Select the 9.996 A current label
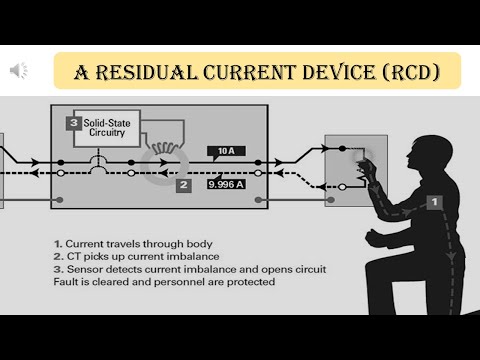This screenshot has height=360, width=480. [228, 184]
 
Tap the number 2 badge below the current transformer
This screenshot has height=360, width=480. [183, 184]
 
